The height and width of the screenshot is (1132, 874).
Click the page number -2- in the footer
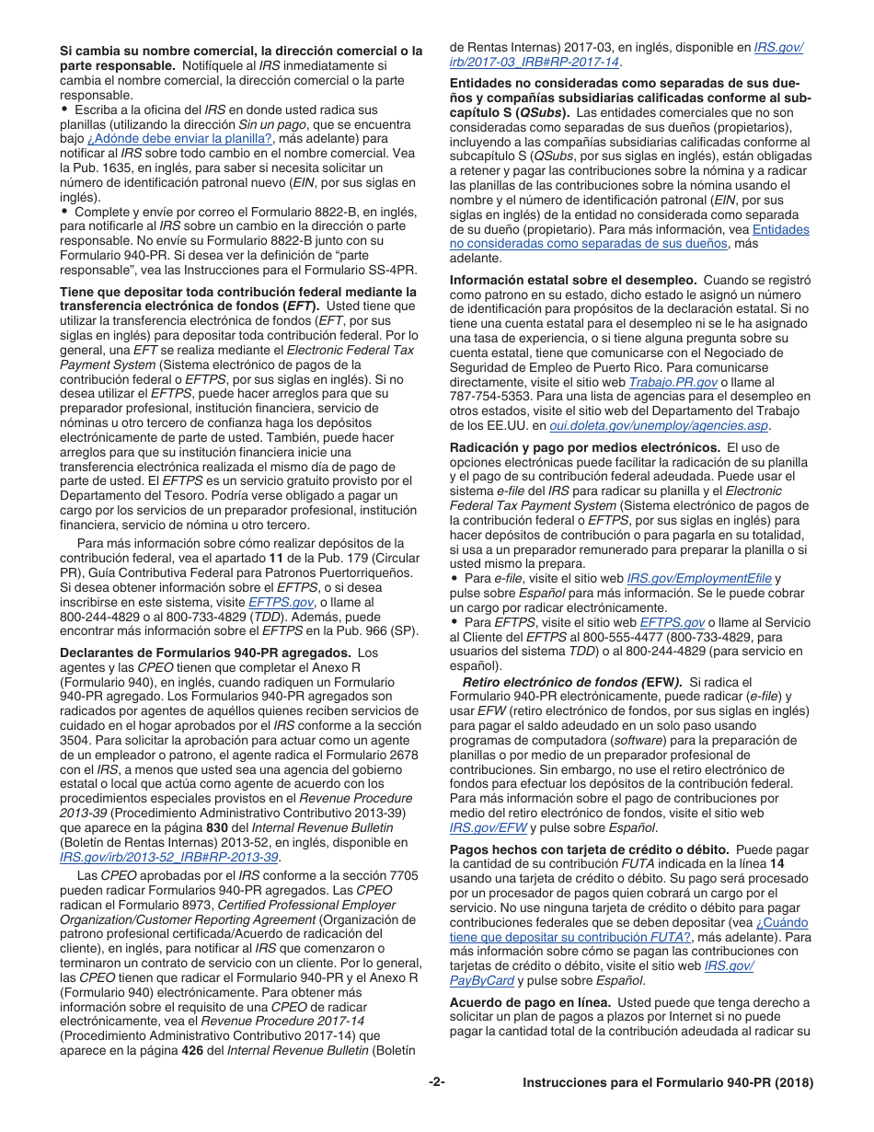tap(436, 1083)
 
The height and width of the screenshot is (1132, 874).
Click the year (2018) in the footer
tap(794, 1083)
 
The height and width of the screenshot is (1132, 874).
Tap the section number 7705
tap(399, 876)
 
